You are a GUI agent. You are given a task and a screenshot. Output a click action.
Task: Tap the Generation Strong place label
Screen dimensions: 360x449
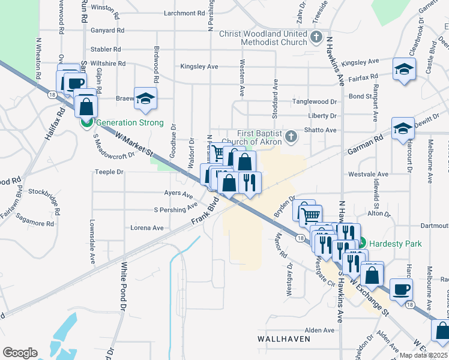130,123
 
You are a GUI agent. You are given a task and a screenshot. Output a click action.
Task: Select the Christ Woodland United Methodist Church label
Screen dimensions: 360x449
263,38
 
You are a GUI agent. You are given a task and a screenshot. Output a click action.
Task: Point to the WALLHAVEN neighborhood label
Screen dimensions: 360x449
284,339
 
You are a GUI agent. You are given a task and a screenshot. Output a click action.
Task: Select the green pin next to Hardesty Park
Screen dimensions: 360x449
363,244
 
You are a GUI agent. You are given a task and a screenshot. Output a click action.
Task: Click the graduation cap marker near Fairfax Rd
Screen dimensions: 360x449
405,69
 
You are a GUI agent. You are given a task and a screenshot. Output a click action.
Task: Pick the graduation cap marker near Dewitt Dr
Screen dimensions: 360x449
403,128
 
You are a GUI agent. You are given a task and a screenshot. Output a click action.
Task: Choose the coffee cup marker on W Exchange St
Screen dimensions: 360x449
401,289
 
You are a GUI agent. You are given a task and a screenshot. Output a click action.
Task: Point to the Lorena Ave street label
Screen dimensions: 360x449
147,228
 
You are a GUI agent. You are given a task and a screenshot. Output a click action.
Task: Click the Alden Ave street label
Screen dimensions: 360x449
319,330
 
